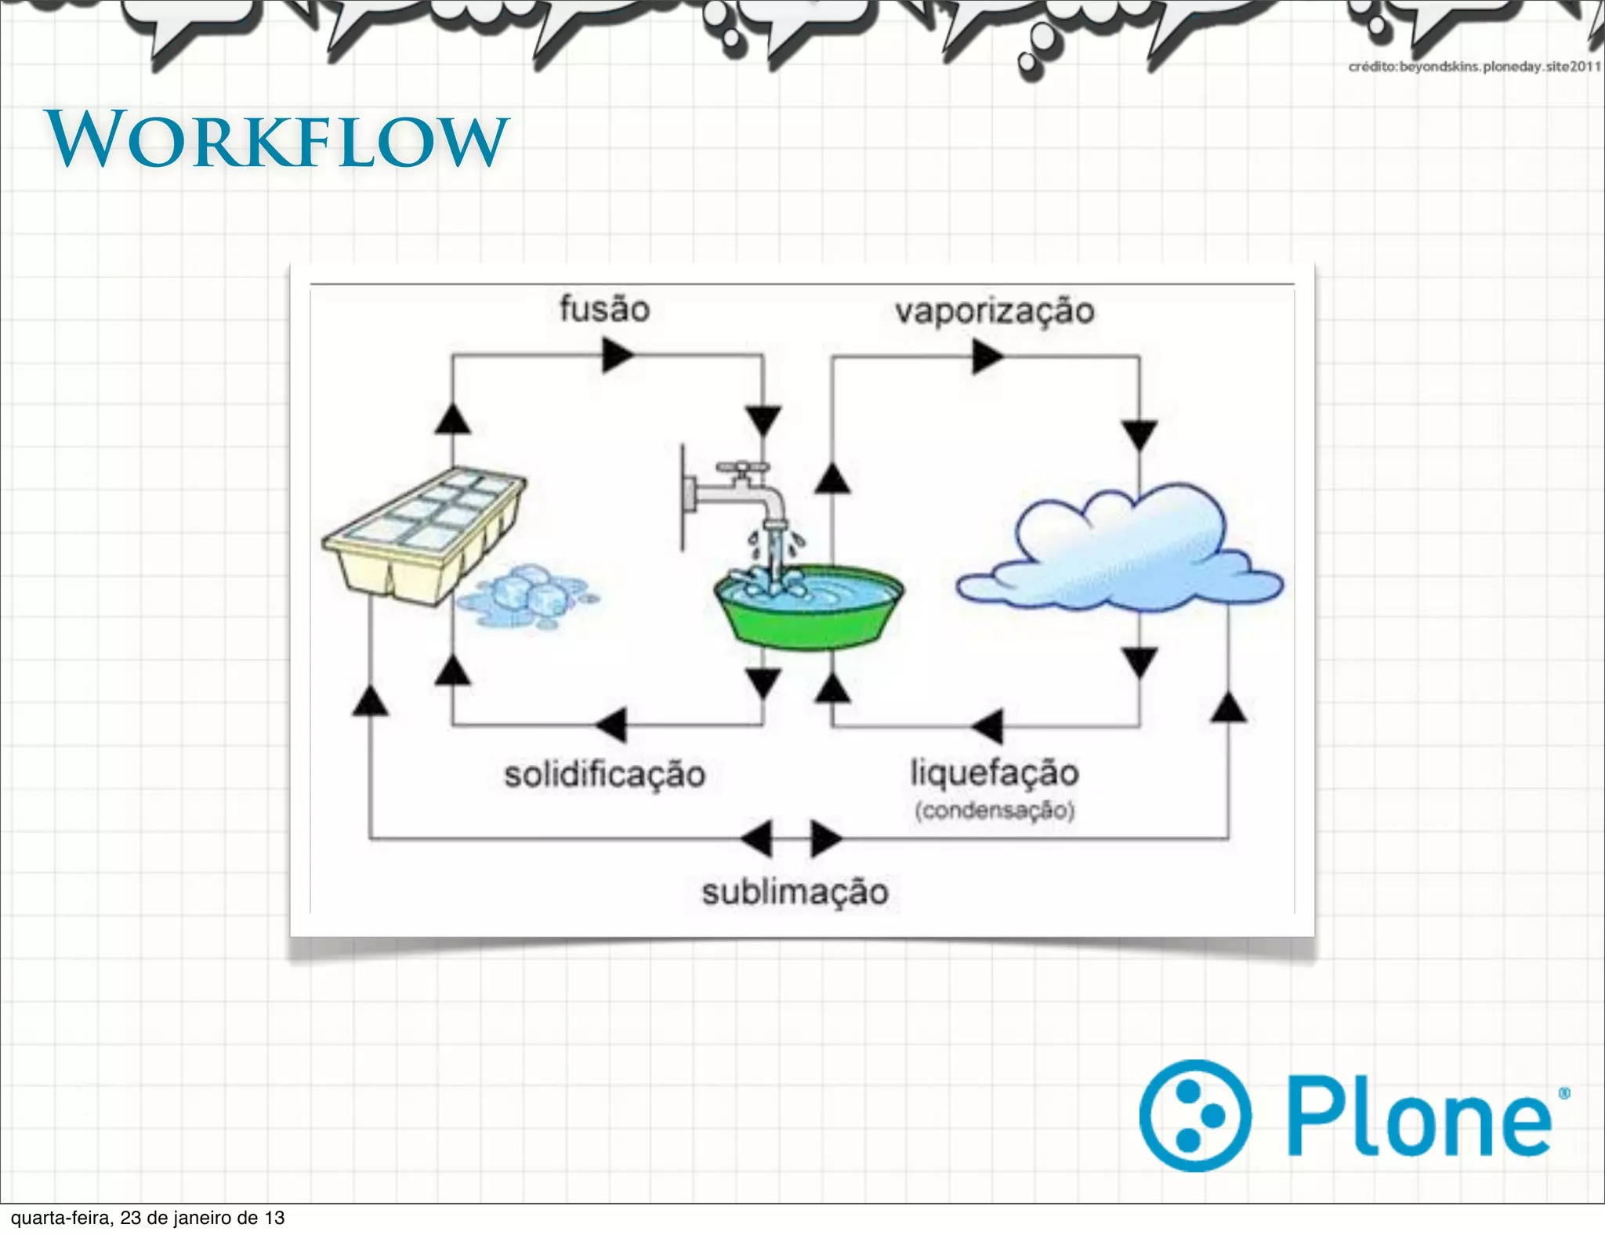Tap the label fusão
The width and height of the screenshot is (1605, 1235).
point(604,309)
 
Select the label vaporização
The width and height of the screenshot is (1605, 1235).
point(995,311)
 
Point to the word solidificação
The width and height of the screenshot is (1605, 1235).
point(604,774)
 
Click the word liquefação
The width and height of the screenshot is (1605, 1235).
point(995,773)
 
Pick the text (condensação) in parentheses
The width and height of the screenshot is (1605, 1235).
point(995,809)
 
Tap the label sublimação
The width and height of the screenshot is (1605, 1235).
point(795,892)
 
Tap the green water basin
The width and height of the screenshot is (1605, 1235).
point(809,611)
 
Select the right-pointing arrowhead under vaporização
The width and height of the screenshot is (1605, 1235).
point(987,357)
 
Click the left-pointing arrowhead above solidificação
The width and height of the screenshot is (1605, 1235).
point(613,725)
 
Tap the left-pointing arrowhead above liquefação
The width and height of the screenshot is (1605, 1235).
point(989,726)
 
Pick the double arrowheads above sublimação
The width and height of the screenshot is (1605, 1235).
point(792,838)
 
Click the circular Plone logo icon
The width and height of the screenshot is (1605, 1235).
point(1195,1115)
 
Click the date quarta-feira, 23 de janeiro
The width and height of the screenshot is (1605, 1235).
point(147,1218)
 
